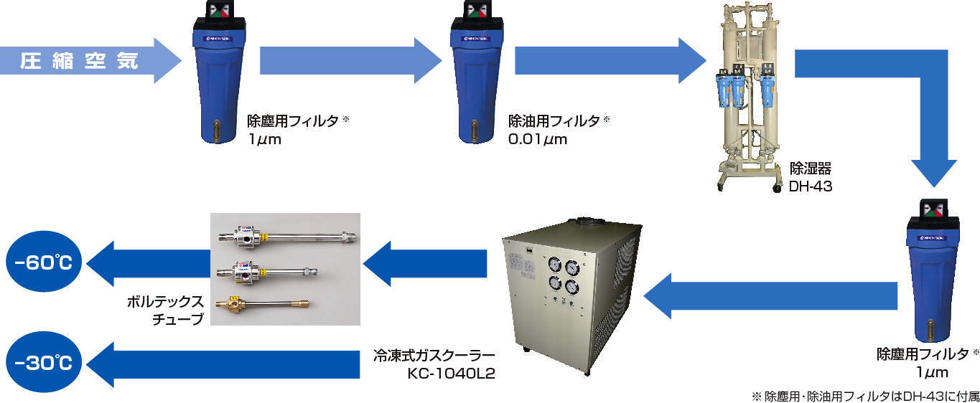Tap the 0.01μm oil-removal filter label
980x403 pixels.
[x=538, y=138]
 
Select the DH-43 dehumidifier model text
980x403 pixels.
[x=810, y=186]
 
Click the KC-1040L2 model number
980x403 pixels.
[x=451, y=374]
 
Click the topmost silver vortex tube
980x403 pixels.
[x=287, y=235]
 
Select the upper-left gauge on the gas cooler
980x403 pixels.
[x=554, y=264]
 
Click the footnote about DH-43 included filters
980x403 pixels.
[x=864, y=395]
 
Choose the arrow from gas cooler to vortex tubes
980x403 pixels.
[x=424, y=264]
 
